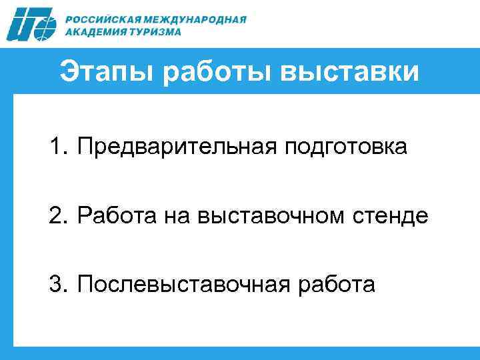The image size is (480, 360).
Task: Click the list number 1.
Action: point(55,146)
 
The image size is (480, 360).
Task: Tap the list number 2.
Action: point(55,215)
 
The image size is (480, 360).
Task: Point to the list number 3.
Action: point(55,285)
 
